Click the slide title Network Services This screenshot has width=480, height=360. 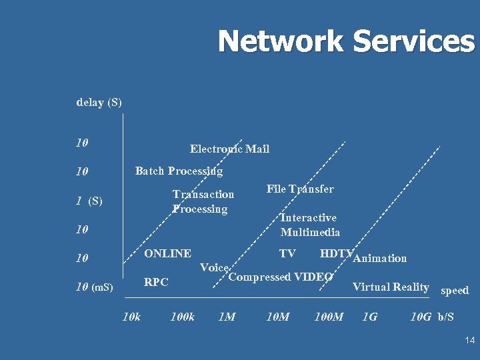click(x=346, y=41)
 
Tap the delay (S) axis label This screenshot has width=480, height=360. click(x=99, y=103)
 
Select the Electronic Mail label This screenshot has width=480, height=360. click(x=229, y=149)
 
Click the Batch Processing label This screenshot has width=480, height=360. click(x=179, y=171)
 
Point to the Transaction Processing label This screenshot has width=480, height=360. click(x=203, y=201)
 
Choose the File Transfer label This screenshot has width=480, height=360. click(x=300, y=189)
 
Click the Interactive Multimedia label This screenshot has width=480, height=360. click(x=310, y=225)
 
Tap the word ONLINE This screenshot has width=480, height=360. click(x=167, y=253)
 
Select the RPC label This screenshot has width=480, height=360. click(x=156, y=282)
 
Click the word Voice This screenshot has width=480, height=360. click(x=215, y=267)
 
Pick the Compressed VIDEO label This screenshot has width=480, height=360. click(x=281, y=277)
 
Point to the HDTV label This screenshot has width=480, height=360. click(x=335, y=253)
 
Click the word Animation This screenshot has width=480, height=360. click(x=380, y=258)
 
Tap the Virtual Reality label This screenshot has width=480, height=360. click(x=390, y=287)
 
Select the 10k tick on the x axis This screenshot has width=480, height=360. click(x=132, y=316)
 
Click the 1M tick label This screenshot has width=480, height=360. click(x=227, y=316)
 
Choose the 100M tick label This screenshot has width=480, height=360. click(x=328, y=316)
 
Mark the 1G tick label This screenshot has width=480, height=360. click(x=369, y=316)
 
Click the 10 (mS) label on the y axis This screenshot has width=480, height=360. click(x=94, y=287)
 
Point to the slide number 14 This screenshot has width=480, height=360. click(x=469, y=341)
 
